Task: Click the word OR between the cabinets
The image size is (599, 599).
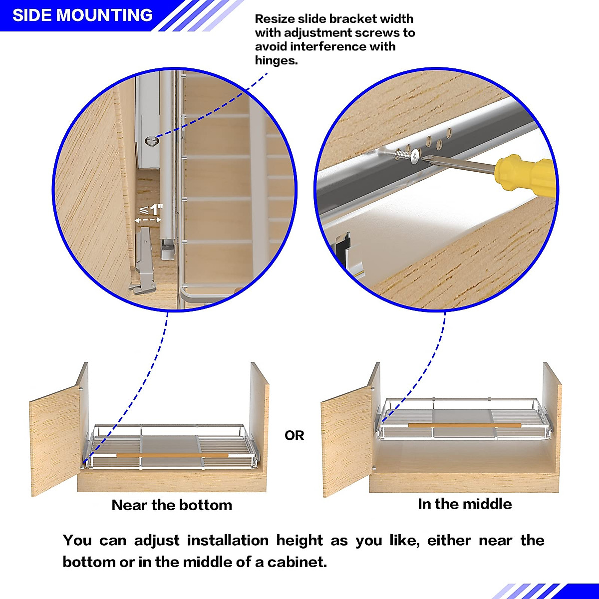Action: [294, 436]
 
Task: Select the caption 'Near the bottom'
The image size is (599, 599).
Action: [172, 505]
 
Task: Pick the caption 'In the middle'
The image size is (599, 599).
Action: [465, 504]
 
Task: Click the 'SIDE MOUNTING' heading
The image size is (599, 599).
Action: [82, 15]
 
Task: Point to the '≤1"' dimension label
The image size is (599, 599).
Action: [151, 209]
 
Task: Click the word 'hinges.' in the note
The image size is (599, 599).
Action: [276, 60]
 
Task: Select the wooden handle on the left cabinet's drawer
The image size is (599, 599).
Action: [172, 455]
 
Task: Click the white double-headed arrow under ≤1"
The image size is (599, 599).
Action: [148, 220]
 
